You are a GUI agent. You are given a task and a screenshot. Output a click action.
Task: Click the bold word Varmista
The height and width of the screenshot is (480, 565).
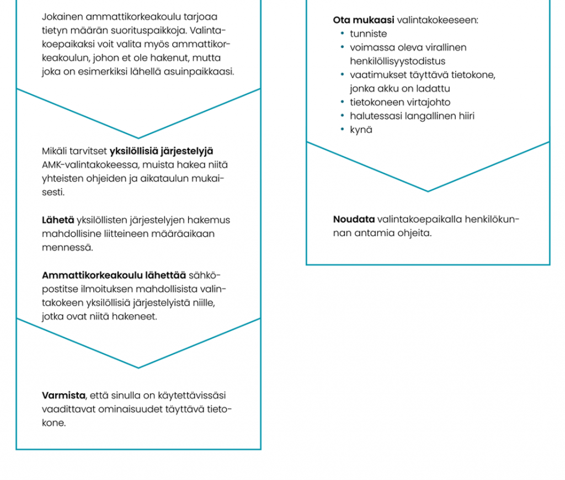[63, 396]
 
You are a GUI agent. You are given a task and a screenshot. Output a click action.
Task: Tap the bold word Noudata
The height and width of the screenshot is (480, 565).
[354, 219]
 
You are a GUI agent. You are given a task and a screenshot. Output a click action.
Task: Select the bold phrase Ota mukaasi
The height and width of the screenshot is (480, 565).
[364, 20]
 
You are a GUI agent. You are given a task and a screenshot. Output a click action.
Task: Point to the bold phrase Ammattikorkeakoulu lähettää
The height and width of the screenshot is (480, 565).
[114, 275]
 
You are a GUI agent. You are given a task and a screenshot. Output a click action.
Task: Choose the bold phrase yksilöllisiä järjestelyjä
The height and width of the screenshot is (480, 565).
[162, 151]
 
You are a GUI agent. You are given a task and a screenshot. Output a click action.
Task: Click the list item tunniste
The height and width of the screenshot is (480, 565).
[368, 34]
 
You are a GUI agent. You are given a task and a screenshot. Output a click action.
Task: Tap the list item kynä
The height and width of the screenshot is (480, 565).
[361, 130]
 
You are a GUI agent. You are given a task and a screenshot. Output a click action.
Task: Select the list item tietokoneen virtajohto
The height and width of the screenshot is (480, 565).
[400, 102]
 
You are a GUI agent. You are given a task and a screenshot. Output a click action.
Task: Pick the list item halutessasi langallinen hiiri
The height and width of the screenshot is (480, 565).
[412, 116]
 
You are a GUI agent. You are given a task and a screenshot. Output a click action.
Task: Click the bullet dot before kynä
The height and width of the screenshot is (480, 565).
[342, 130]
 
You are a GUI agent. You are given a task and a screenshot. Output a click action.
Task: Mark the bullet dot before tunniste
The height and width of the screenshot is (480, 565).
[342, 34]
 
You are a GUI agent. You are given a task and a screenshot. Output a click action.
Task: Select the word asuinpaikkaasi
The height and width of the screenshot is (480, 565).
[204, 71]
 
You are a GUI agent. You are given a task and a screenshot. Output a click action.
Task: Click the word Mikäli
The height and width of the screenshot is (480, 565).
[54, 151]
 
